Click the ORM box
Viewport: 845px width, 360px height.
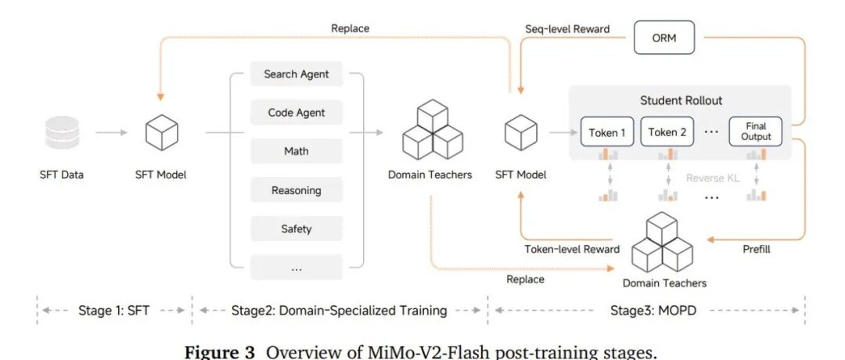pos(664,38)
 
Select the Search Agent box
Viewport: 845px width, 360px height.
pos(297,74)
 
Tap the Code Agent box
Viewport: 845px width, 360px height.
pos(297,113)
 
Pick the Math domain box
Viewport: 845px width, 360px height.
pos(297,151)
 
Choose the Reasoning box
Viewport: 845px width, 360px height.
pos(297,190)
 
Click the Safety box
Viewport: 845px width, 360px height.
pos(297,229)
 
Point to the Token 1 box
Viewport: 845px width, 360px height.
pos(607,132)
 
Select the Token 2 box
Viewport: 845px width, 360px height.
pos(667,132)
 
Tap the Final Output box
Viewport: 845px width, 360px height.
pos(756,132)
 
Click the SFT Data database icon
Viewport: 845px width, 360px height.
pos(62,132)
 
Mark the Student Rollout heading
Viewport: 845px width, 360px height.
pos(681,100)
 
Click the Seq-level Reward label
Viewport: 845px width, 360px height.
pos(567,28)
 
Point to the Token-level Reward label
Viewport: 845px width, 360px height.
pos(572,249)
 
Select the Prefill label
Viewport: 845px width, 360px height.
pos(757,249)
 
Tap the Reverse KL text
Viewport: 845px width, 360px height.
pos(713,178)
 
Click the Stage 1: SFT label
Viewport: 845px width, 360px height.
pos(114,311)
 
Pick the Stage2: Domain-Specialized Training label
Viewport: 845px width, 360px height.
pos(339,311)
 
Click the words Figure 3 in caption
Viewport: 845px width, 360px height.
pos(219,352)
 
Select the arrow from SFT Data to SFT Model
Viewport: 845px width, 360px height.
pos(112,132)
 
